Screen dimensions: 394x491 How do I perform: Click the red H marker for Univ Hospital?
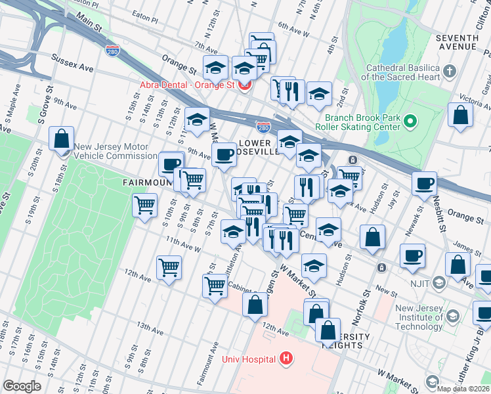coord(286,359)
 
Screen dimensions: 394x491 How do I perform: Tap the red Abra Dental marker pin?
coord(244,85)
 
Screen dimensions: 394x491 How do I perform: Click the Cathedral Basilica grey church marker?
coord(450,70)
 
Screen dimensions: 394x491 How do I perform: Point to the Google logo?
coord(22,386)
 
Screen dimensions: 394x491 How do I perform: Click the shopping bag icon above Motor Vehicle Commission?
coord(61,139)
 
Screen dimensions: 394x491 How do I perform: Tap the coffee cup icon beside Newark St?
coord(424,183)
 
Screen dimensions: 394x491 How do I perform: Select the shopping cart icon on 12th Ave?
coord(169,268)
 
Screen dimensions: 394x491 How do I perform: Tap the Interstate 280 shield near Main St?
coord(113,50)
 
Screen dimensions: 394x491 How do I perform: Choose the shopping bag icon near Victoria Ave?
coord(461,114)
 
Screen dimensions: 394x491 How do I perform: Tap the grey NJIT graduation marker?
coord(439,282)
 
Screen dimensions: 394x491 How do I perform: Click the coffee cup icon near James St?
coord(412,255)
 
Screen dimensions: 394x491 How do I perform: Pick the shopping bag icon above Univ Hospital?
coord(255,305)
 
